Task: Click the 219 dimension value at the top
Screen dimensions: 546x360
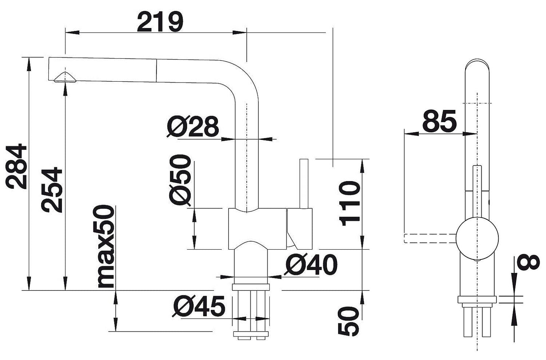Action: click(160, 22)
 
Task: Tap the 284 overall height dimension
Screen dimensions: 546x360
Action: click(16, 166)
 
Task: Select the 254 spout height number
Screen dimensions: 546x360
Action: click(52, 190)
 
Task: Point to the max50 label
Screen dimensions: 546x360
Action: click(104, 246)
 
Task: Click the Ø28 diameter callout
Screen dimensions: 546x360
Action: click(193, 126)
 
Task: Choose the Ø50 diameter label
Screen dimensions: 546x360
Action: click(180, 180)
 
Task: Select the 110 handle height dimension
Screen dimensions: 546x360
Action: click(350, 203)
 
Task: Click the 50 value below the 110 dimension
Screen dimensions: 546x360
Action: click(348, 321)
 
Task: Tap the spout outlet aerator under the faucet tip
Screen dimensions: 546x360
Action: click(65, 77)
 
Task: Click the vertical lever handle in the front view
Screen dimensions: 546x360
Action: click(304, 184)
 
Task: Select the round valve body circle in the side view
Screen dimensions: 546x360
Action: click(477, 238)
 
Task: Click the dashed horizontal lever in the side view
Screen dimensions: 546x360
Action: click(430, 238)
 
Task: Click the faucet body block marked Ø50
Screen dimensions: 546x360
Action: click(257, 229)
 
